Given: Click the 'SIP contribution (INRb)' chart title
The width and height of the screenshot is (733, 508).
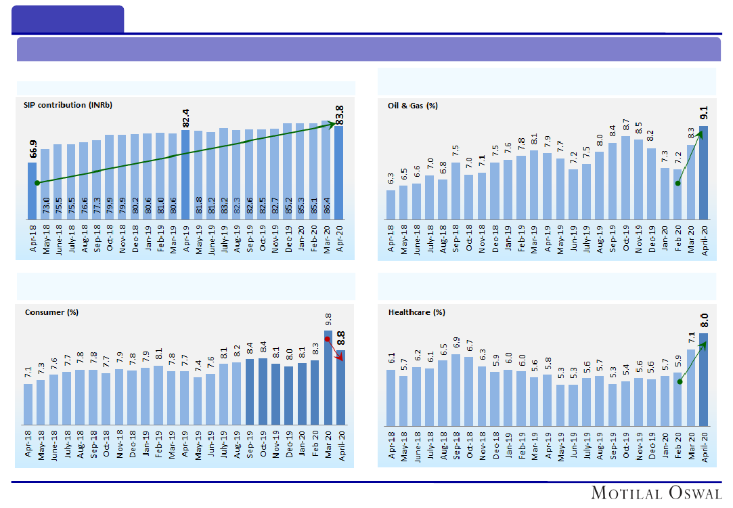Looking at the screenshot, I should [68, 105].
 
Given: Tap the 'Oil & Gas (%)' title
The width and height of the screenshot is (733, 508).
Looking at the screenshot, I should [413, 106].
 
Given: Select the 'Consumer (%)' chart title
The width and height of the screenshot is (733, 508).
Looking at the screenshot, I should [52, 312].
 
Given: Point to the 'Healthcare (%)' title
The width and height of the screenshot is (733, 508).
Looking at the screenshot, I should [417, 312].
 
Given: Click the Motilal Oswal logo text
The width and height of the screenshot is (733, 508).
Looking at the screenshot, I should [656, 492].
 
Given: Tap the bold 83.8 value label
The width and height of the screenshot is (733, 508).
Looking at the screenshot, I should [339, 113].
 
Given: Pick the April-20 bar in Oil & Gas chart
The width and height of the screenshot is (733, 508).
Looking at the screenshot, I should [704, 172].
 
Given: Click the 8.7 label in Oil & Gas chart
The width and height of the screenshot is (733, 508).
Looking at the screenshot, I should [626, 126].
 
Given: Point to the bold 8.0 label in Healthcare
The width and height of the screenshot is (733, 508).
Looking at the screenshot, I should [704, 320].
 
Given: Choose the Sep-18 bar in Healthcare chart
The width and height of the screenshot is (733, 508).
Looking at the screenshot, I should [456, 389].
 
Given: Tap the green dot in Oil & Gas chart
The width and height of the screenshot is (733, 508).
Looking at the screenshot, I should [678, 184].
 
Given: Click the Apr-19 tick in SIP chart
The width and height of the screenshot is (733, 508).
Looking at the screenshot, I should [186, 238].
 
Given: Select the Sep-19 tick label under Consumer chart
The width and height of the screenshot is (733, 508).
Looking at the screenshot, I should [250, 445].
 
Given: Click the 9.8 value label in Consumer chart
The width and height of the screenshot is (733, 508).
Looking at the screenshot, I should [328, 319].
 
